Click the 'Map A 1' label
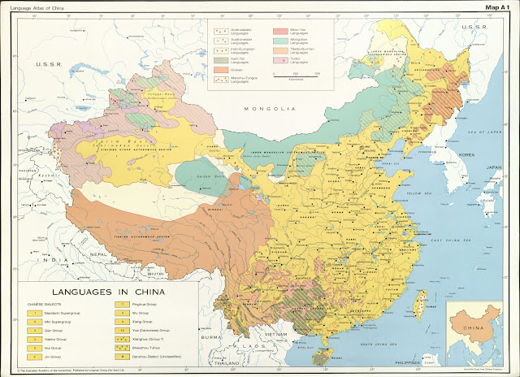pos(496,7)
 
